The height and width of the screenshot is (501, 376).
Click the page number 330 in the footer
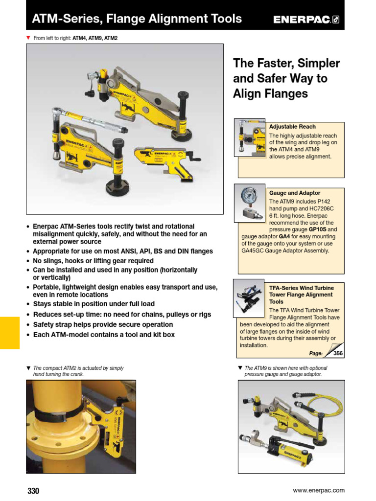click(33, 491)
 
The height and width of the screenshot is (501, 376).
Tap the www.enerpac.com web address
click(318, 490)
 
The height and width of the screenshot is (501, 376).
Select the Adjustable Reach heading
click(292, 127)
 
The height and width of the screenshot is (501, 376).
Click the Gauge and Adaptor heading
click(295, 193)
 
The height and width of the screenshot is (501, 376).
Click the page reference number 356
click(338, 353)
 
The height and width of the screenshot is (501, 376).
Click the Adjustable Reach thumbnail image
click(250, 137)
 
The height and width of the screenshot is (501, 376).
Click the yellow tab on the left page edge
click(9, 332)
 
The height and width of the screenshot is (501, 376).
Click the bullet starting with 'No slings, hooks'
click(93, 261)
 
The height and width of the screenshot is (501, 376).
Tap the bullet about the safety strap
click(103, 324)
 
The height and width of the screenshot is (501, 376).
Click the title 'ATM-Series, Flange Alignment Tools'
click(137, 19)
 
